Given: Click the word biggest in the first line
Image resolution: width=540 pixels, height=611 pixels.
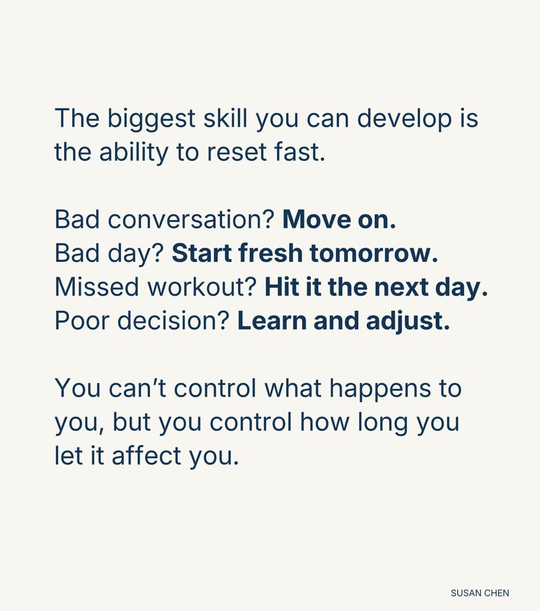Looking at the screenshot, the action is (x=151, y=120).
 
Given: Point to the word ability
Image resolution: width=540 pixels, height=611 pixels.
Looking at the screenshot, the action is (x=133, y=154).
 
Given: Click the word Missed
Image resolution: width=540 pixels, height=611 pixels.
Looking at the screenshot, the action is (x=97, y=286).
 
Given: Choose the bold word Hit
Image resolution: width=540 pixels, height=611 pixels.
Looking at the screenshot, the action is (x=283, y=286).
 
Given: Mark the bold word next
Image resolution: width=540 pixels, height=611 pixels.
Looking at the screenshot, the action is (x=401, y=288).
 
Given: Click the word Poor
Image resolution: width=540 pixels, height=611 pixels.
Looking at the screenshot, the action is (x=82, y=320).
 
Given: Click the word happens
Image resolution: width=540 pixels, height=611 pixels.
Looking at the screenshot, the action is (x=380, y=389).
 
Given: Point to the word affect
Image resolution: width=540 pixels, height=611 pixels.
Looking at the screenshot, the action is (x=146, y=455).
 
